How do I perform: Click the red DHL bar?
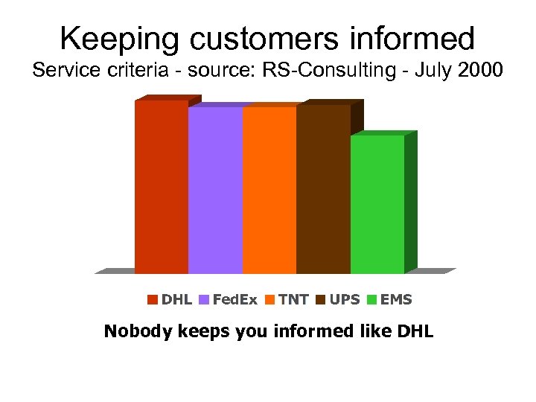click(161, 186)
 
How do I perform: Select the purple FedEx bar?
click(215, 190)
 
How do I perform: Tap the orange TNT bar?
click(269, 190)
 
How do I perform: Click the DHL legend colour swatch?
click(153, 300)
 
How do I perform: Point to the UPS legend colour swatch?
click(321, 300)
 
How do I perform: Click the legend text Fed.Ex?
click(234, 300)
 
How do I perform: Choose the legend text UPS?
click(345, 300)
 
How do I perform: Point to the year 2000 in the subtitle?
click(479, 71)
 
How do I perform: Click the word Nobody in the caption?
click(137, 331)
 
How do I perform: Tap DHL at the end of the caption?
click(415, 331)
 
